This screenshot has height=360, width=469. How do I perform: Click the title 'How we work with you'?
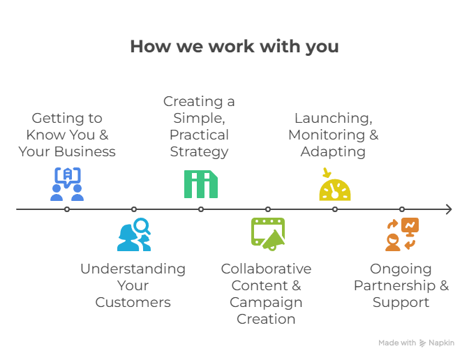tap(234, 47)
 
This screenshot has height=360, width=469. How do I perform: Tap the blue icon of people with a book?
tap(67, 184)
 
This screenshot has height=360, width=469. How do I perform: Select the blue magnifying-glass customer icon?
tap(134, 234)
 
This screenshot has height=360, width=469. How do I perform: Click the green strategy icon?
tap(201, 184)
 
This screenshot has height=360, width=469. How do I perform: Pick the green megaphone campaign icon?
tap(268, 234)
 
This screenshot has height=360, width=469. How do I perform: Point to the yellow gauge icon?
tap(335, 185)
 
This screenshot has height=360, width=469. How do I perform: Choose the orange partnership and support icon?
tap(402, 234)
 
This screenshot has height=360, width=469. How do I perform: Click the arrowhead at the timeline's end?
tap(449, 209)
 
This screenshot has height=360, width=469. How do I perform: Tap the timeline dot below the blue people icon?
tap(67, 209)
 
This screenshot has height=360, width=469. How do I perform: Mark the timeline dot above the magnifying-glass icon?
tap(134, 209)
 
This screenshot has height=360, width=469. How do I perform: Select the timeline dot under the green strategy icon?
tap(201, 209)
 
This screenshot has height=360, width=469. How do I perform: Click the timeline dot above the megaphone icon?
tap(268, 209)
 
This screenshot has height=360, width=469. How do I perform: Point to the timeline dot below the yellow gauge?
tap(335, 209)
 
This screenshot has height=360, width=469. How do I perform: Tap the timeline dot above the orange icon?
tap(402, 209)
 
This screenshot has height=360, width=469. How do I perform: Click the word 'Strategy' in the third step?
tap(199, 151)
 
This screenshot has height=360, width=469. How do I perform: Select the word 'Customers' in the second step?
tap(133, 302)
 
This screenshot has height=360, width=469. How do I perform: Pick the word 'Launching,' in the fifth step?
tap(333, 118)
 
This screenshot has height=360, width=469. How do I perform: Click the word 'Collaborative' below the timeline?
tap(266, 269)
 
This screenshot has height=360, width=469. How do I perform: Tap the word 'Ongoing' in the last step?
tap(401, 269)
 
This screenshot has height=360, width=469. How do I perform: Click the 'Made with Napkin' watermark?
tap(417, 343)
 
